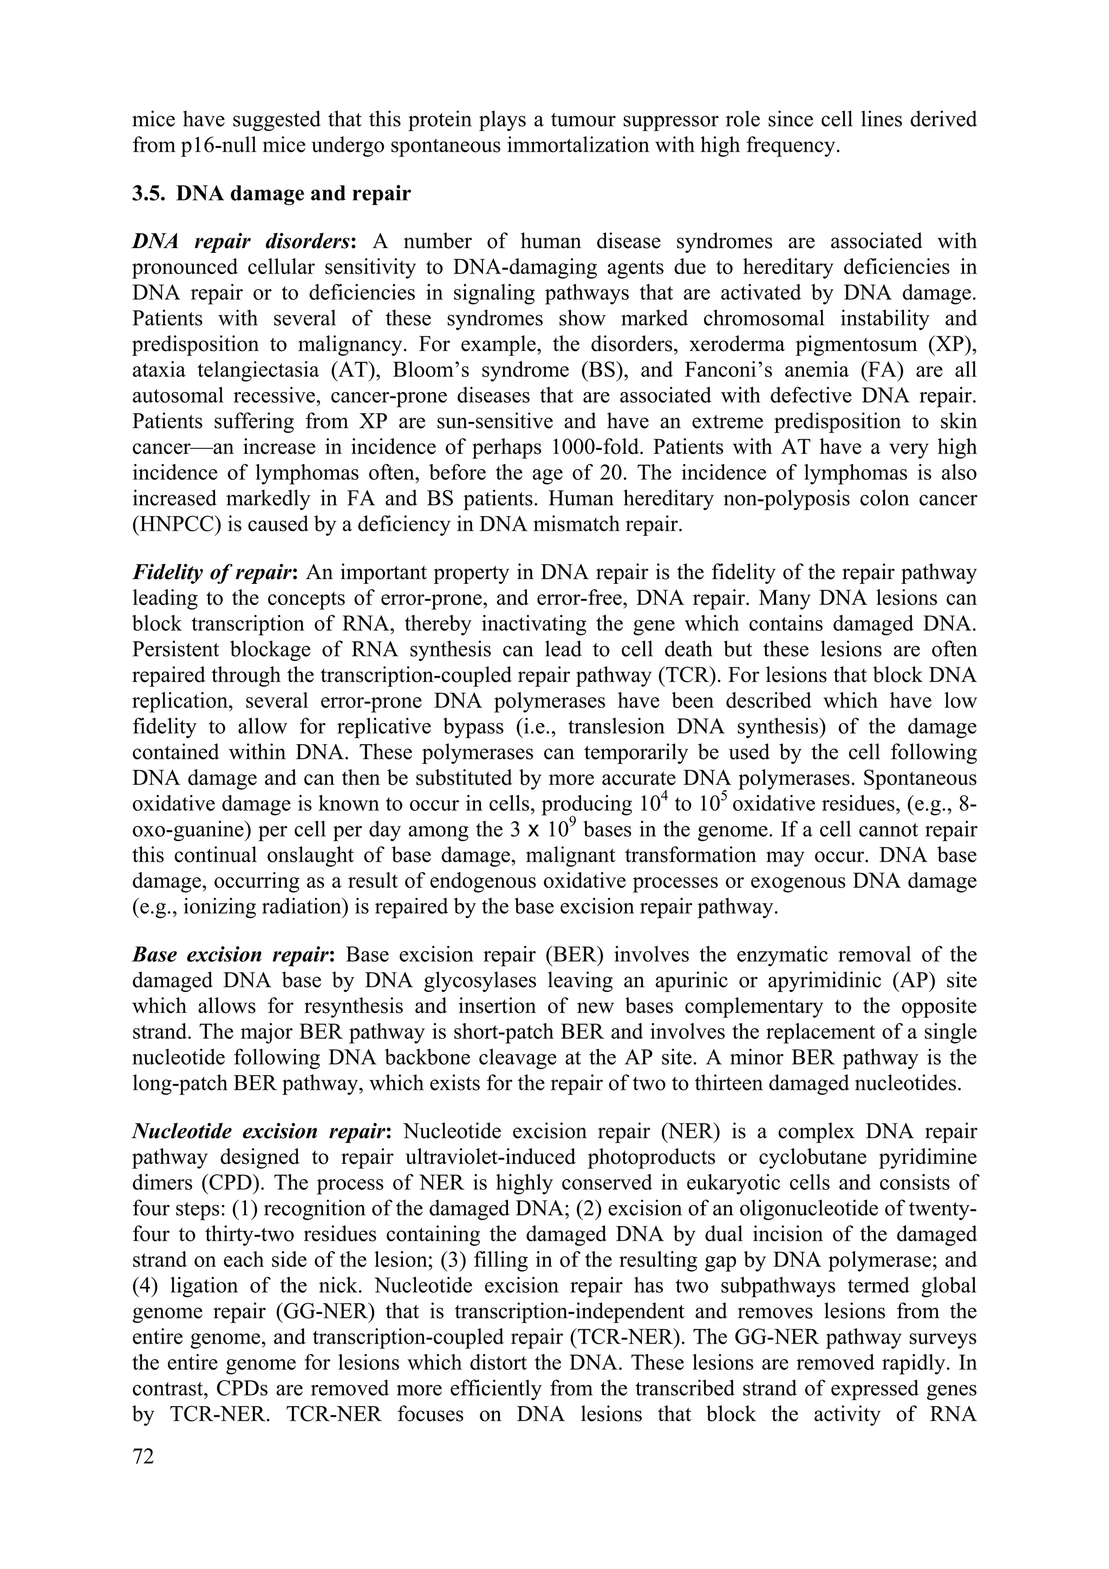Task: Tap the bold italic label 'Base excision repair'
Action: coord(232,955)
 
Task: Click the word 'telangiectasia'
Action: coord(259,370)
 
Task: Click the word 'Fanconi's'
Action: coord(700,370)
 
